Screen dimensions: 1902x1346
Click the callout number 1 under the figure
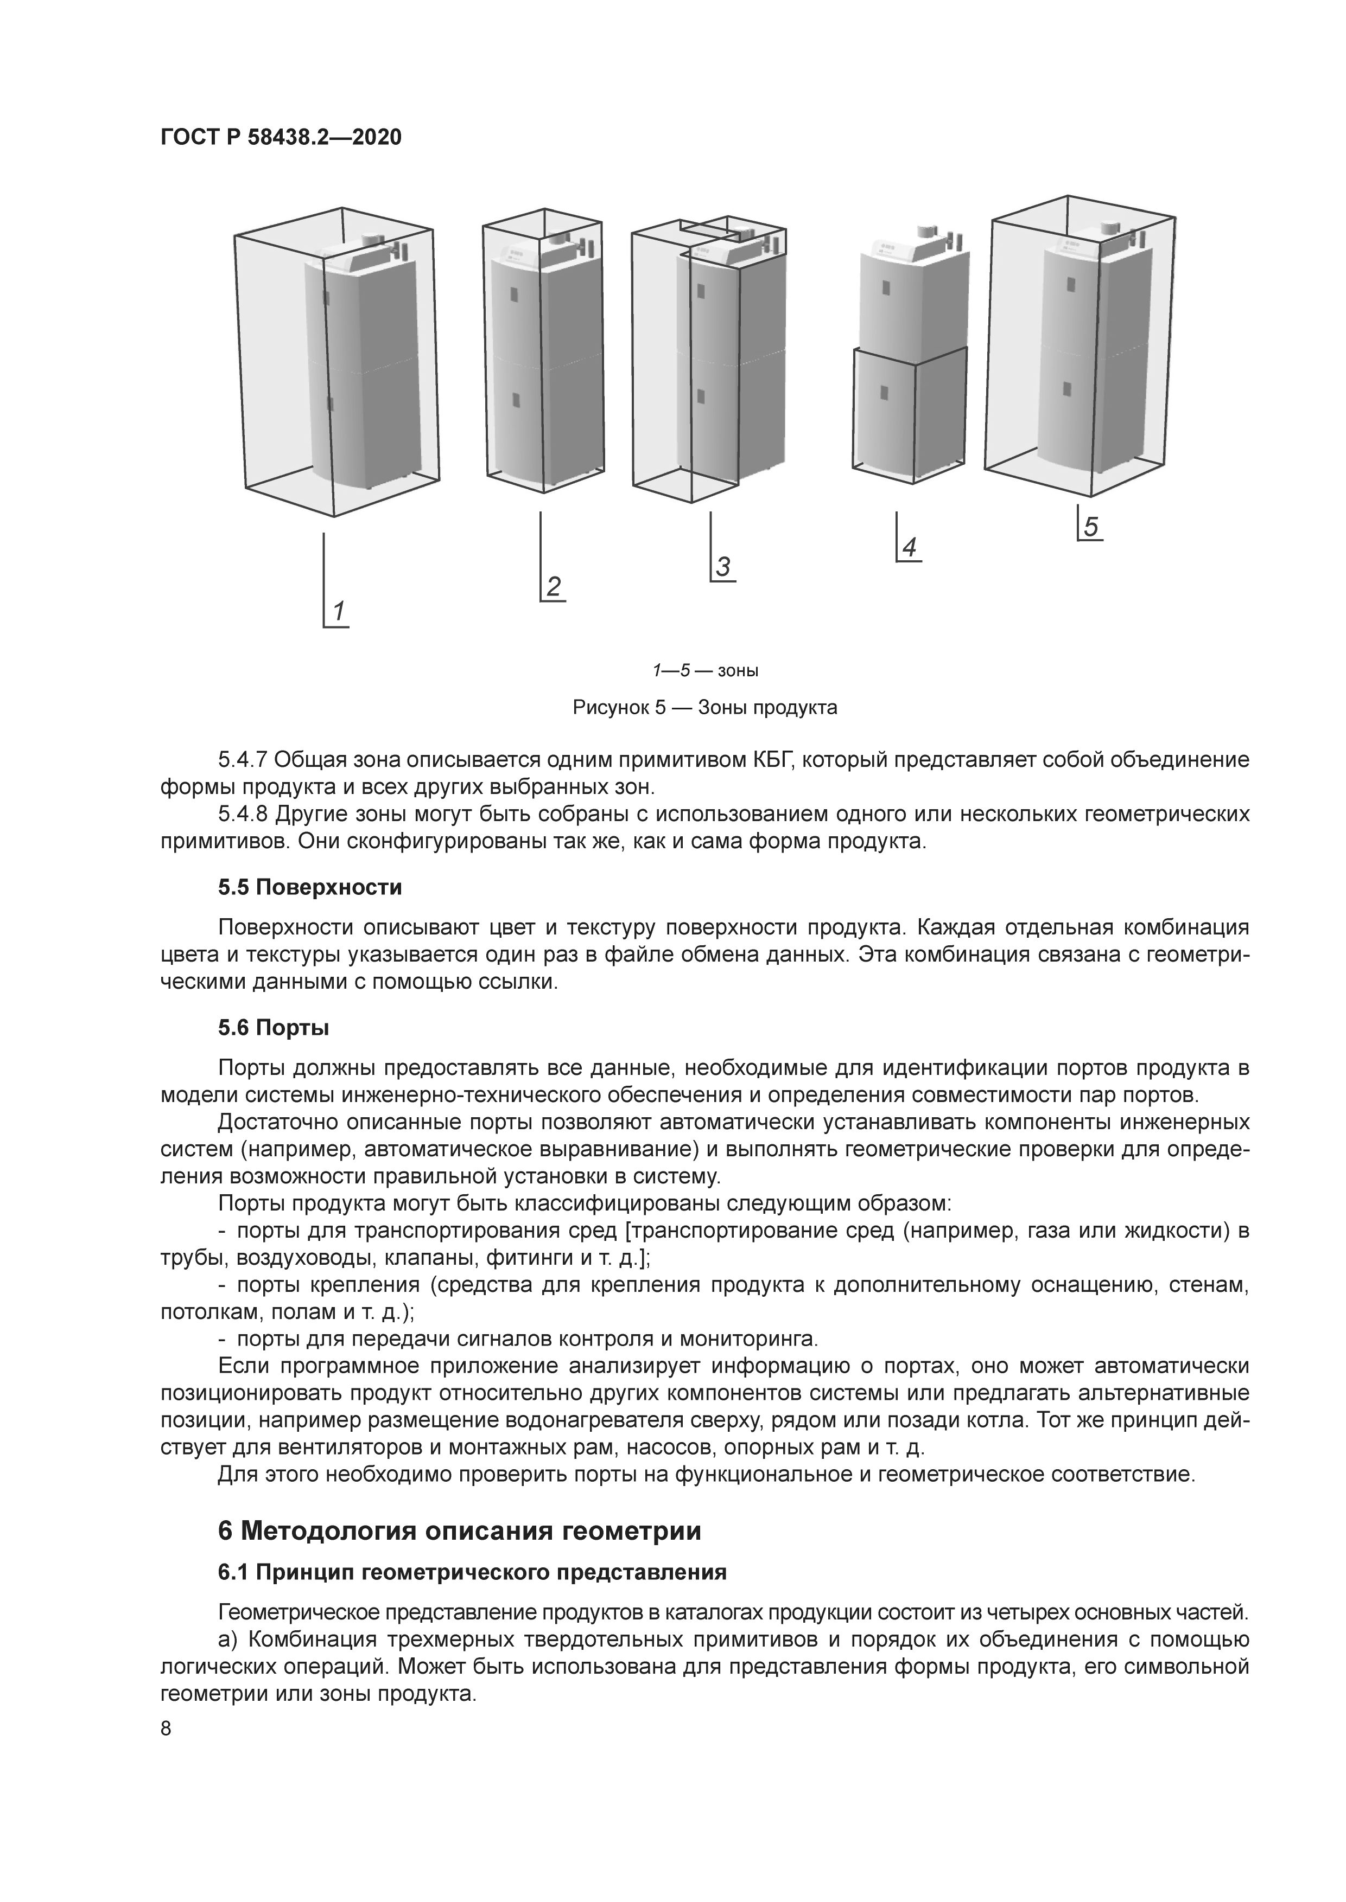tap(339, 611)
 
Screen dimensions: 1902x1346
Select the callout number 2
tap(553, 586)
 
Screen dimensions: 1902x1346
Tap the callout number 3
tap(723, 567)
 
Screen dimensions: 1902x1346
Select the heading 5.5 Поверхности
tap(310, 887)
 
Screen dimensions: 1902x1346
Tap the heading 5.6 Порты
tap(274, 1028)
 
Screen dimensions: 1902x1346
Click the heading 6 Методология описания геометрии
tap(459, 1532)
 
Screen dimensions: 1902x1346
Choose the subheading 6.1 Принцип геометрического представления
tap(472, 1572)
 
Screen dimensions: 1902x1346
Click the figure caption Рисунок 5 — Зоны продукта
tap(704, 707)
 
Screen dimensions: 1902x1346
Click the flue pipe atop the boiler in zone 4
tap(926, 234)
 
